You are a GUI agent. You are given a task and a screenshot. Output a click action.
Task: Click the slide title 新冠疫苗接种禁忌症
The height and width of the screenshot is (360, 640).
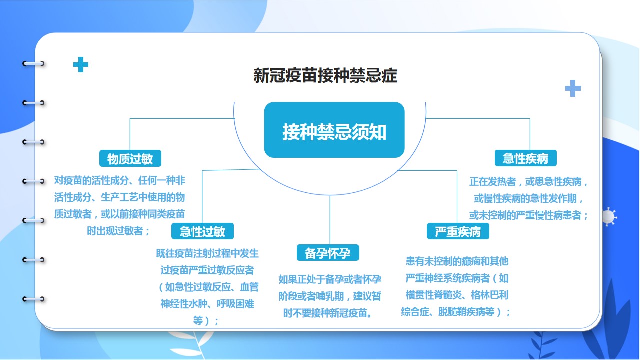(x=325, y=75)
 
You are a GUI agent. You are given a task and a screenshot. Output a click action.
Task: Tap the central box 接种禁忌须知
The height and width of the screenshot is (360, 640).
(x=334, y=130)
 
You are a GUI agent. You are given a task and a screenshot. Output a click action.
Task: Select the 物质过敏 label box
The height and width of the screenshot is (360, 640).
(x=130, y=158)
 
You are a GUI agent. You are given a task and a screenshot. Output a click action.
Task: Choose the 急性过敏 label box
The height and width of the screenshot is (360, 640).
(x=202, y=231)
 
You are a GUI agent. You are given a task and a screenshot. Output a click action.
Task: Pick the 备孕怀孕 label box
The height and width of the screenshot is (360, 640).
(x=328, y=253)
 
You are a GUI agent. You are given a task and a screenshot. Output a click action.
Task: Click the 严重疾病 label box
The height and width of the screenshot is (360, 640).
(x=458, y=231)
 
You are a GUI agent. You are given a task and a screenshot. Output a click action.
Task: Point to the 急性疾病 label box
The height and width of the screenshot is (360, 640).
(x=525, y=158)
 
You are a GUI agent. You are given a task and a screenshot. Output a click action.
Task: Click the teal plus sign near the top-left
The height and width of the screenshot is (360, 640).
(x=81, y=65)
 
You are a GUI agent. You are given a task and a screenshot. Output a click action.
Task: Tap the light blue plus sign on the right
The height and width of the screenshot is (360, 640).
(x=573, y=88)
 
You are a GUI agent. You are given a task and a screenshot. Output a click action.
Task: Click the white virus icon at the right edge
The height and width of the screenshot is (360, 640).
(x=609, y=217)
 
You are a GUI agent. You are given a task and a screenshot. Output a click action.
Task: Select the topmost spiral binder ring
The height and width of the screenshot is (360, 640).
(x=33, y=63)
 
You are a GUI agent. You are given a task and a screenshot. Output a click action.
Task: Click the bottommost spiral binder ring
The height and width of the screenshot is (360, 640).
(x=33, y=299)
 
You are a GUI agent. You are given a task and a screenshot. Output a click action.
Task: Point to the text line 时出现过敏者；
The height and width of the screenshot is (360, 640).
(x=119, y=231)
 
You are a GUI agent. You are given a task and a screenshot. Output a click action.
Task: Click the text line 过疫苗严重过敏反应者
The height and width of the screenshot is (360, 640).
(x=207, y=270)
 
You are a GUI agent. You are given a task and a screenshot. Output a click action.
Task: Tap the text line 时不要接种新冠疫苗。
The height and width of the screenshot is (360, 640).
(x=328, y=313)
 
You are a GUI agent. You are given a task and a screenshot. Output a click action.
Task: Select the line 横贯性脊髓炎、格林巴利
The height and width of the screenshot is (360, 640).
(x=457, y=295)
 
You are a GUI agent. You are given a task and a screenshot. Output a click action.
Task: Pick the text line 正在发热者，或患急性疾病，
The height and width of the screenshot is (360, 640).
(x=528, y=181)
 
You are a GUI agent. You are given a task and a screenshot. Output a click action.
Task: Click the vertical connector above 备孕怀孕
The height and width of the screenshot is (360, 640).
(x=330, y=220)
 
